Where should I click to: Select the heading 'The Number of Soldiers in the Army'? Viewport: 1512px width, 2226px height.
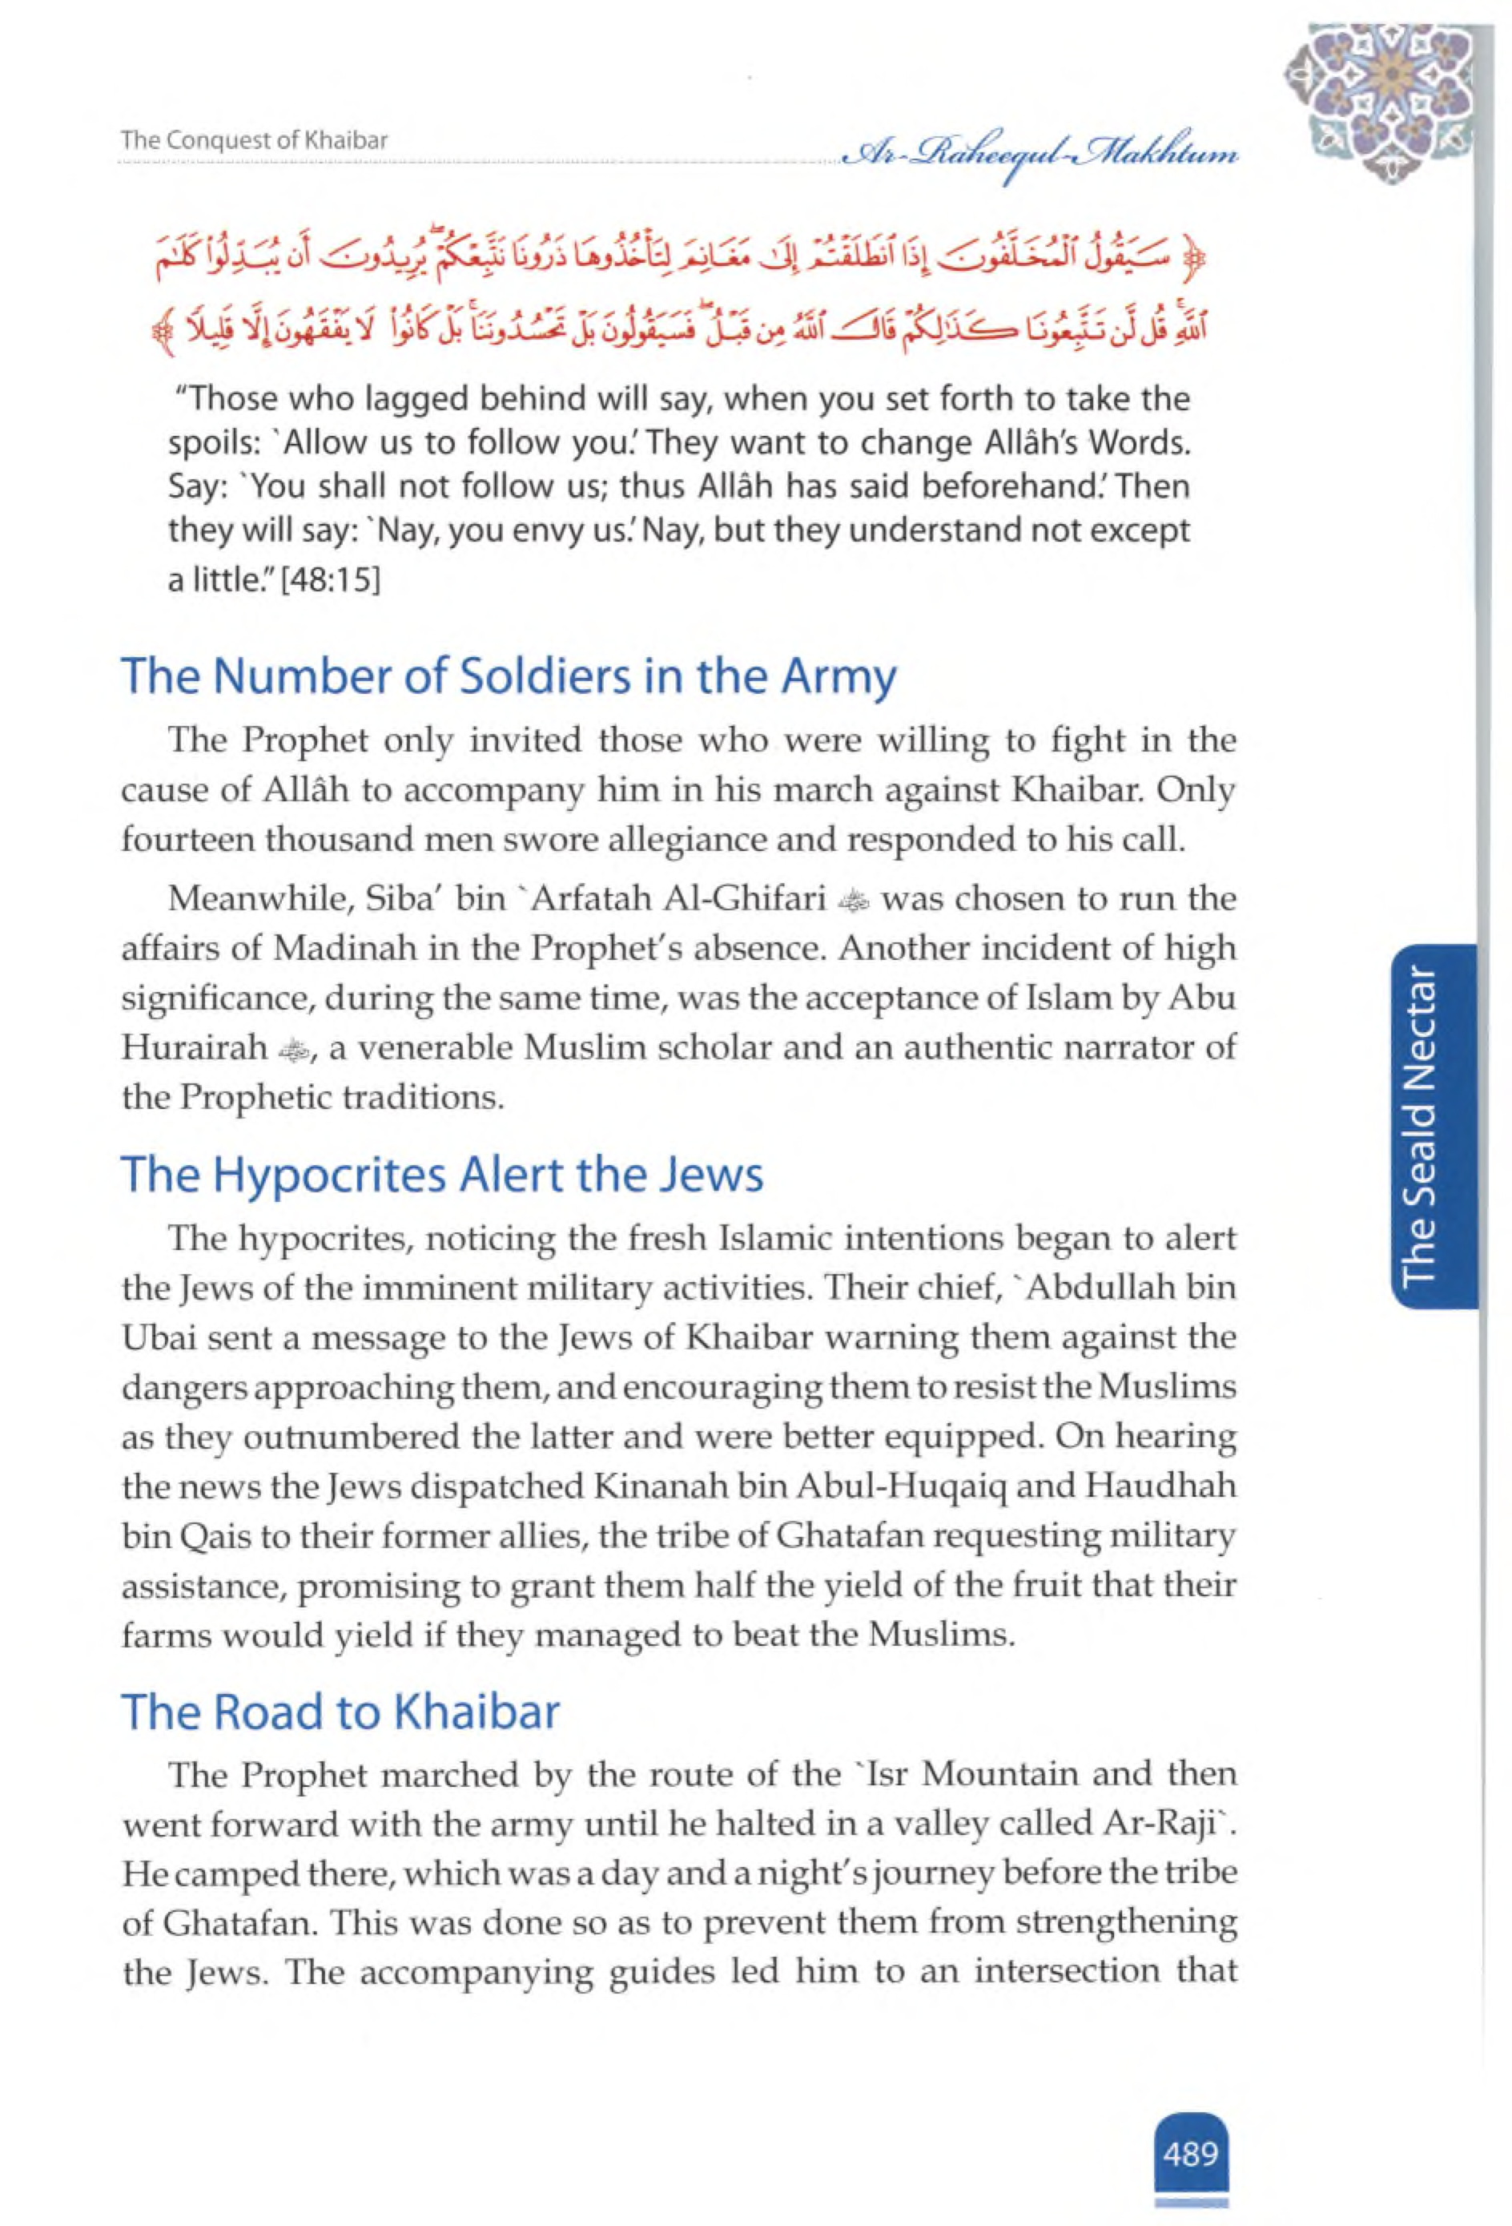[x=509, y=677]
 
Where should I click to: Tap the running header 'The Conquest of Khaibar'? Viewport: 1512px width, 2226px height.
[x=254, y=141]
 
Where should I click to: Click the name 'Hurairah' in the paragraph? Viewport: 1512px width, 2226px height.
[x=195, y=1048]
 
